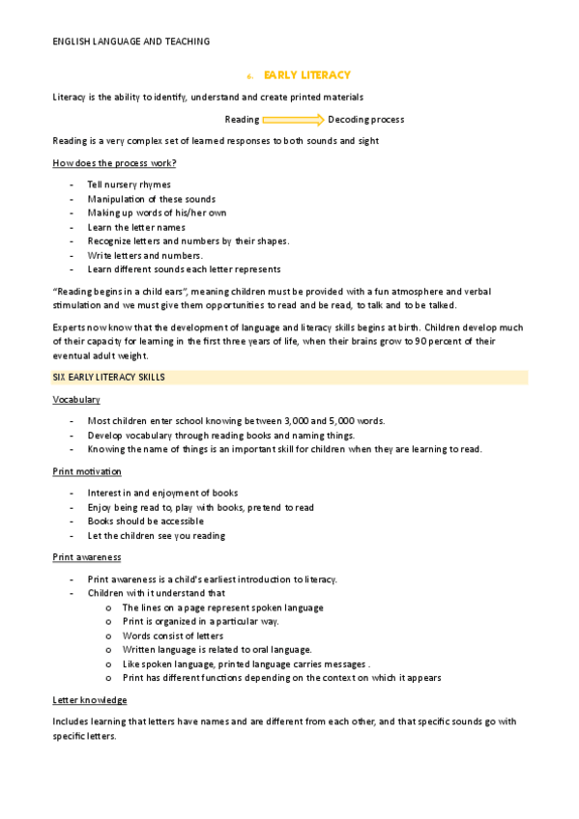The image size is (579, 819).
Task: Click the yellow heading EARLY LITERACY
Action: point(306,74)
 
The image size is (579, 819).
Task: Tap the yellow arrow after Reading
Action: point(293,120)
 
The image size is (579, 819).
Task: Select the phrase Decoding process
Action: point(365,120)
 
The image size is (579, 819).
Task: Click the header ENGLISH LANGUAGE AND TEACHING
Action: point(130,42)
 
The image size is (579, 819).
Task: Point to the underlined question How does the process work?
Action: point(114,162)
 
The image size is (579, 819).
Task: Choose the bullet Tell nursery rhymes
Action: point(129,184)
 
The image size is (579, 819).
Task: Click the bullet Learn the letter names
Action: point(135,227)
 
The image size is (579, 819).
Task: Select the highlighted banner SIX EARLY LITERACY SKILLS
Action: point(108,378)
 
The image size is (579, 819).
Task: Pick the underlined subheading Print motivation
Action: point(87,471)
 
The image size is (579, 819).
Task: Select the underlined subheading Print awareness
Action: point(86,557)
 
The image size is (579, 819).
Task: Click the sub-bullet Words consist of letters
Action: point(173,635)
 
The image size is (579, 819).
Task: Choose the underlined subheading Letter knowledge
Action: point(89,699)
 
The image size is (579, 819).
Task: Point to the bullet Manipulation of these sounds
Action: point(151,199)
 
